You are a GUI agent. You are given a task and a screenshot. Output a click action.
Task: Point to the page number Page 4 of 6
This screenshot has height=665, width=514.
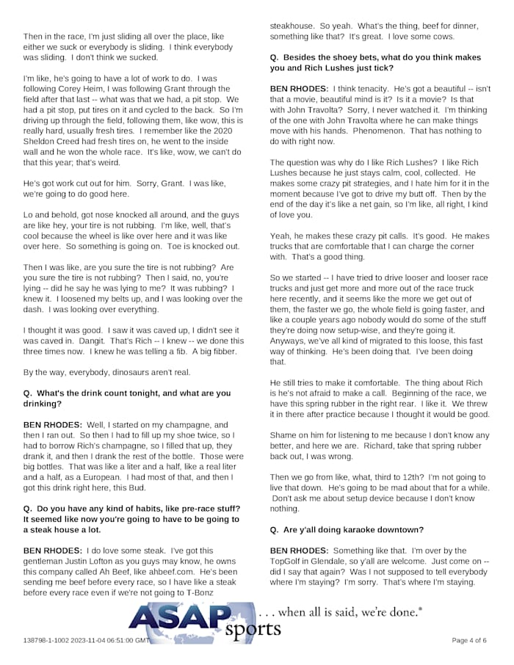coord(468,640)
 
